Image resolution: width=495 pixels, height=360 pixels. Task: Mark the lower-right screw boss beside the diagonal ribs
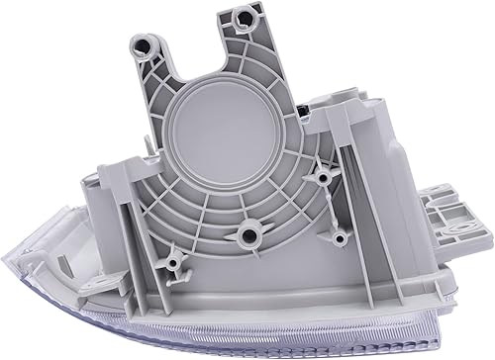[340, 238]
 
